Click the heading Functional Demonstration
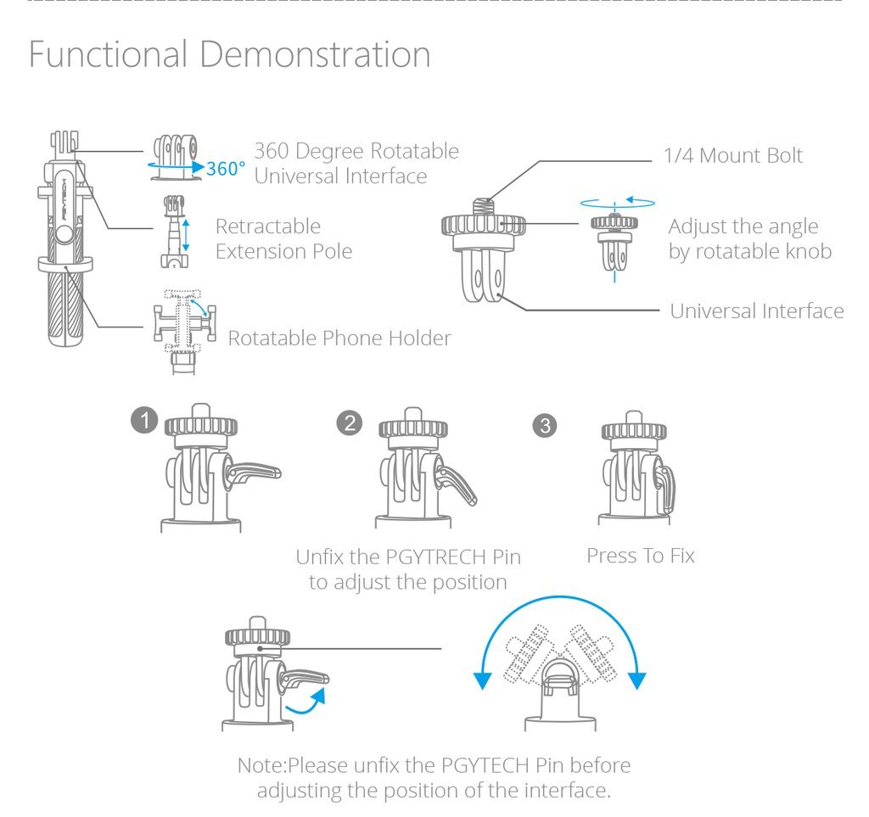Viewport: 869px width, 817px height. pos(229,55)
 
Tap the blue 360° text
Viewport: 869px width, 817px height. pos(226,169)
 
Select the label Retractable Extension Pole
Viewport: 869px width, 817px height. pos(283,238)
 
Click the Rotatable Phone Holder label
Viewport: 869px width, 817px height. pos(339,338)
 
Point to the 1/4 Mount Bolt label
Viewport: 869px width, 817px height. pos(732,155)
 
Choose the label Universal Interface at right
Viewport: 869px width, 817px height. pos(756,311)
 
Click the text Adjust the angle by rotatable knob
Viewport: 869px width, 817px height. pos(749,239)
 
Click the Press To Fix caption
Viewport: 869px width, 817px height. pos(641,556)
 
